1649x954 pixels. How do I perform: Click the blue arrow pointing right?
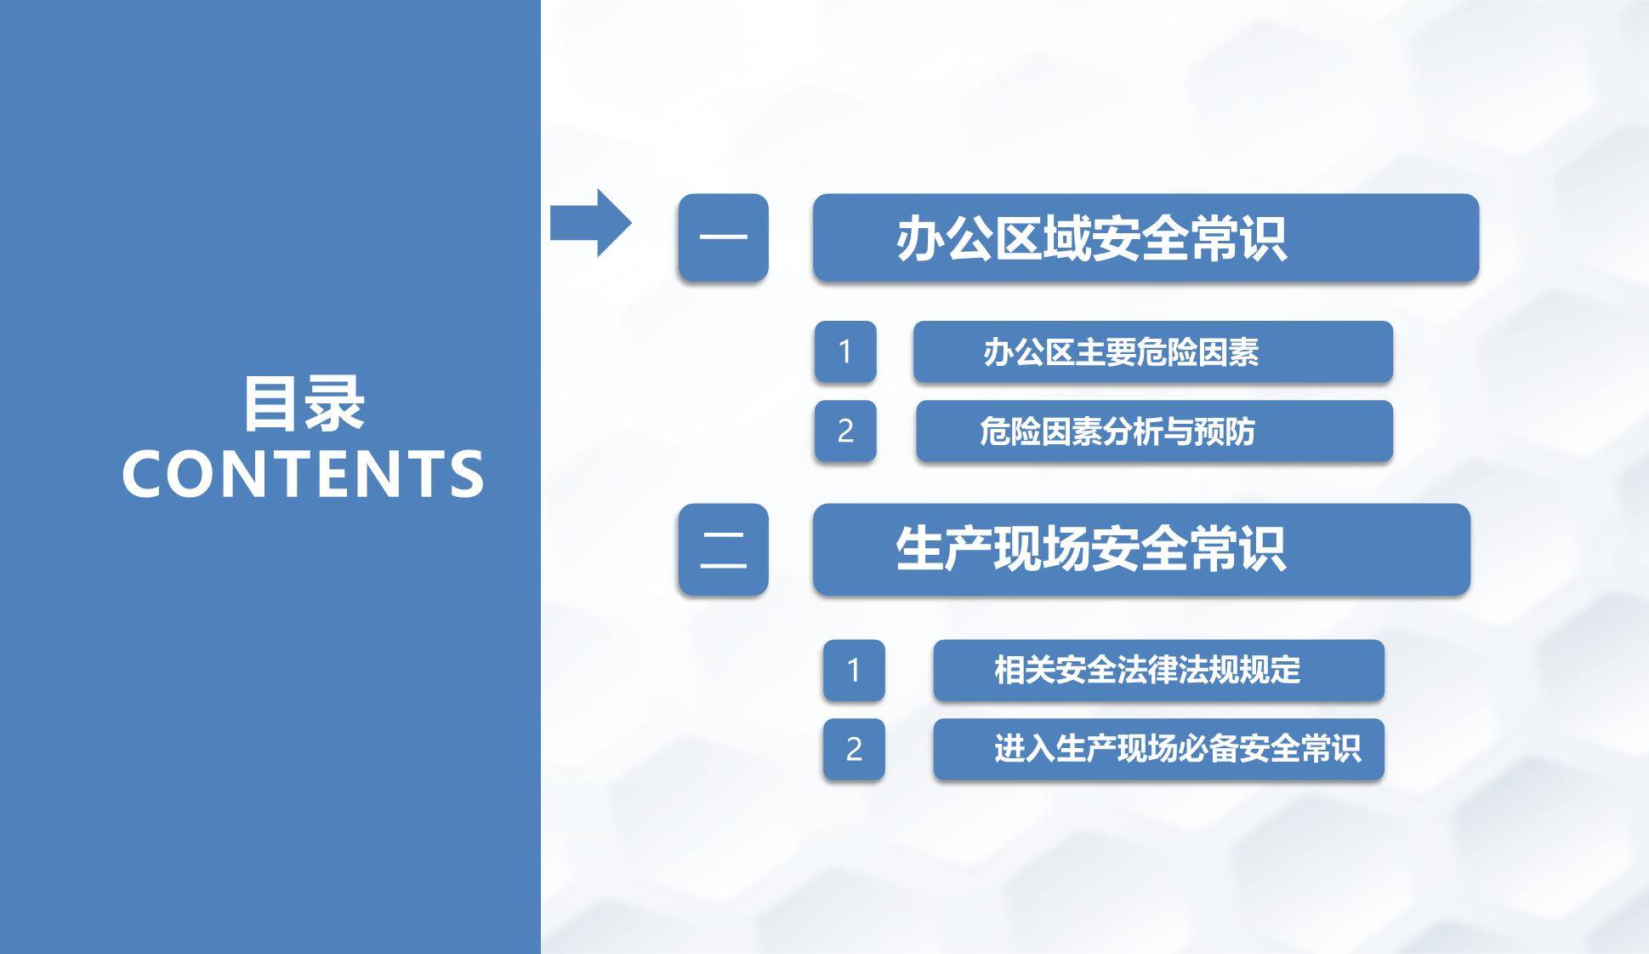coord(590,223)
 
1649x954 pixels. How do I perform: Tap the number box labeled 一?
coord(723,237)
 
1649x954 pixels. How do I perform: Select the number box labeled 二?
coord(723,549)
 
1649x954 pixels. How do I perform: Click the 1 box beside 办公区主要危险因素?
coord(844,351)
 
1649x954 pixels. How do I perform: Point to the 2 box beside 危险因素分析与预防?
coord(844,431)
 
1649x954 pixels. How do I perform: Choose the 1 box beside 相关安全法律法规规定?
coord(853,670)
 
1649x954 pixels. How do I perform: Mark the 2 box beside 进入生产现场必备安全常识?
coord(853,749)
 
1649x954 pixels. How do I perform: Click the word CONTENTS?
coord(303,474)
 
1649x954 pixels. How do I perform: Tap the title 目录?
coord(304,404)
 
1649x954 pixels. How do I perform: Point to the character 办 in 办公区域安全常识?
coord(920,239)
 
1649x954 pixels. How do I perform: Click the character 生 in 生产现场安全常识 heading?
coord(920,549)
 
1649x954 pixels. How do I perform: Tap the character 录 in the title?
coord(335,404)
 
